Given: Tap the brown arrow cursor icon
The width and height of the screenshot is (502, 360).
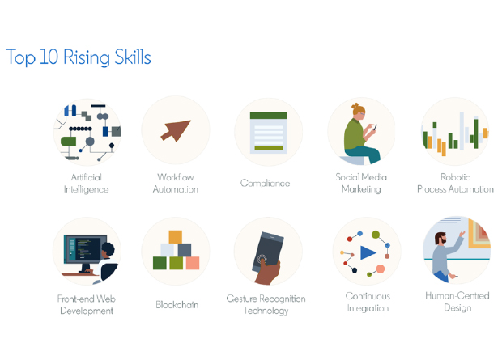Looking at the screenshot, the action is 176,130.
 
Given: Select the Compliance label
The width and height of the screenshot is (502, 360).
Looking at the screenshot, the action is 265,184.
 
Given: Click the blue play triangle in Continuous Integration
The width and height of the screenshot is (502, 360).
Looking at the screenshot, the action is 368,252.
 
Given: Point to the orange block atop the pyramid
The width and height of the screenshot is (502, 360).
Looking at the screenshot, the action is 176,237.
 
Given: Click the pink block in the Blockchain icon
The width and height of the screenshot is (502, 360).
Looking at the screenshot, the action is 193,263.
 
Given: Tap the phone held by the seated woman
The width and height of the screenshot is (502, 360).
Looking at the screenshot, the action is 375,127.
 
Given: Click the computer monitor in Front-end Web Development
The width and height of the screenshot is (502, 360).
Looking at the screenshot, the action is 85,249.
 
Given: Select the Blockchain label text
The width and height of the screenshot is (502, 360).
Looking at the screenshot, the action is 177,305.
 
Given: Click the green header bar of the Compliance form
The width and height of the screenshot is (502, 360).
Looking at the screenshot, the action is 268,116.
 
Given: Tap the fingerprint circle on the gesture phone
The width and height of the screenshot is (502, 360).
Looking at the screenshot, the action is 262,258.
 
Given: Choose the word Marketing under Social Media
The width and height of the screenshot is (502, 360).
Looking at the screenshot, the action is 361,189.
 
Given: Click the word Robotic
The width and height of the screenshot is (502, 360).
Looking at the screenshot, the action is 455,177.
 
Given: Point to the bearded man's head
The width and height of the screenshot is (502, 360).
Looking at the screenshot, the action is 440,239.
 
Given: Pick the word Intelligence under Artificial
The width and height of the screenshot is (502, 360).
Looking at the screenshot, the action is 86,189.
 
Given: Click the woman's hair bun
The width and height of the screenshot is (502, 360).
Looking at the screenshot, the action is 355,106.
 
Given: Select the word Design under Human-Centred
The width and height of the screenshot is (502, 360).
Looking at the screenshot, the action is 457,308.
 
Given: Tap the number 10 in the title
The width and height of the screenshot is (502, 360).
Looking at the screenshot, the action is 49,57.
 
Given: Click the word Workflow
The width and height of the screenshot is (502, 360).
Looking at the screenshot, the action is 176,177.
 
